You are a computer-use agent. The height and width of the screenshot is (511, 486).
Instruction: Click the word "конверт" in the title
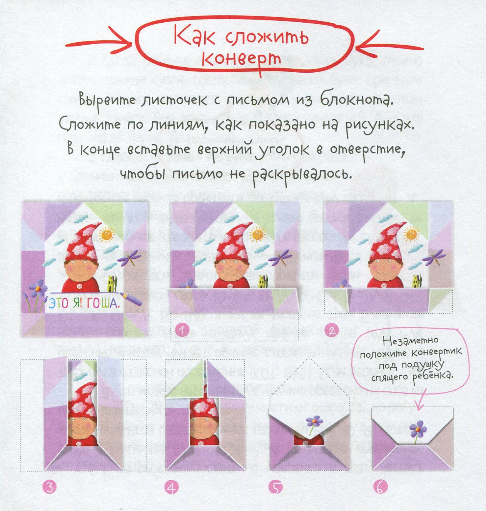[241, 59]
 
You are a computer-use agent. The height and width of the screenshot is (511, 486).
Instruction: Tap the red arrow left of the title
[99, 43]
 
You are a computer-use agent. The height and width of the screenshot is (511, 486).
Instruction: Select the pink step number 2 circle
[332, 330]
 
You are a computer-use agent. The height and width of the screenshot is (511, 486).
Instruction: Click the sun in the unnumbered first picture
[107, 234]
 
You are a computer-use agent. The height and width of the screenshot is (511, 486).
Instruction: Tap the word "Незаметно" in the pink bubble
[411, 341]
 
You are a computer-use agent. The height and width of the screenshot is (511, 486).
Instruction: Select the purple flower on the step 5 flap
[314, 421]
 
